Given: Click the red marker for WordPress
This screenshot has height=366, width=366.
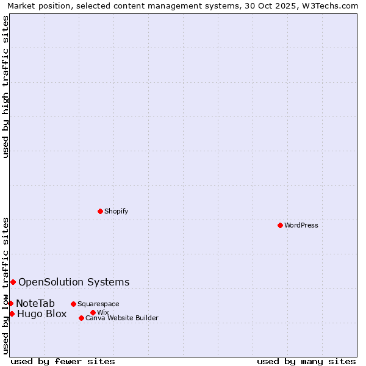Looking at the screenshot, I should pyautogui.click(x=280, y=225).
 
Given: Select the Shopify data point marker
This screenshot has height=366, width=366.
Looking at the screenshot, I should pyautogui.click(x=100, y=211).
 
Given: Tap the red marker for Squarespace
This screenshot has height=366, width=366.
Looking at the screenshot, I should pyautogui.click(x=73, y=304).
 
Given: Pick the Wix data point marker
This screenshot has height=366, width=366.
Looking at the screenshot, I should pyautogui.click(x=93, y=312).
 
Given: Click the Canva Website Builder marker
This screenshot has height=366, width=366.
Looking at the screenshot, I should pyautogui.click(x=81, y=318).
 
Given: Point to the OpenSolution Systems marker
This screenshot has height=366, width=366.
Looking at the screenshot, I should pyautogui.click(x=13, y=282).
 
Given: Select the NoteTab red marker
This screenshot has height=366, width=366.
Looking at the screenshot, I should pyautogui.click(x=10, y=303).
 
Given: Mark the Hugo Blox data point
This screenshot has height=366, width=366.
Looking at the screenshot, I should pyautogui.click(x=12, y=314).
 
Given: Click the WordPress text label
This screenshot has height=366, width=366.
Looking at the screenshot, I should pyautogui.click(x=301, y=225).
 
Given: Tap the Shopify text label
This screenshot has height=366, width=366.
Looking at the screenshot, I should pyautogui.click(x=116, y=211).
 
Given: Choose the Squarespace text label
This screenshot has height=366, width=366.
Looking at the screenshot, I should pyautogui.click(x=98, y=304).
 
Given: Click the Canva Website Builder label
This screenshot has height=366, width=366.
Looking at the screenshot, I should pyautogui.click(x=122, y=318).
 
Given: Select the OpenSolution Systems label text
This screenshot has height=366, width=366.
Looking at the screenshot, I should pyautogui.click(x=74, y=282).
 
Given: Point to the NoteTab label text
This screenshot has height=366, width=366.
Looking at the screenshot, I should pyautogui.click(x=35, y=303).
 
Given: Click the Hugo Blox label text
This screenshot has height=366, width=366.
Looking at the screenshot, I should pyautogui.click(x=41, y=314).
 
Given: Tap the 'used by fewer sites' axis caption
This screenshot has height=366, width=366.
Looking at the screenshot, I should pyautogui.click(x=63, y=361).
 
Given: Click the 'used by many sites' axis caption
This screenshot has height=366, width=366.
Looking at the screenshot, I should pyautogui.click(x=306, y=361).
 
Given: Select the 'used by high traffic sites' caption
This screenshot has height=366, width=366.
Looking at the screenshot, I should pyautogui.click(x=6, y=87).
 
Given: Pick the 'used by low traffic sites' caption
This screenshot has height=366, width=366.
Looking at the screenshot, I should pyautogui.click(x=6, y=285).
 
